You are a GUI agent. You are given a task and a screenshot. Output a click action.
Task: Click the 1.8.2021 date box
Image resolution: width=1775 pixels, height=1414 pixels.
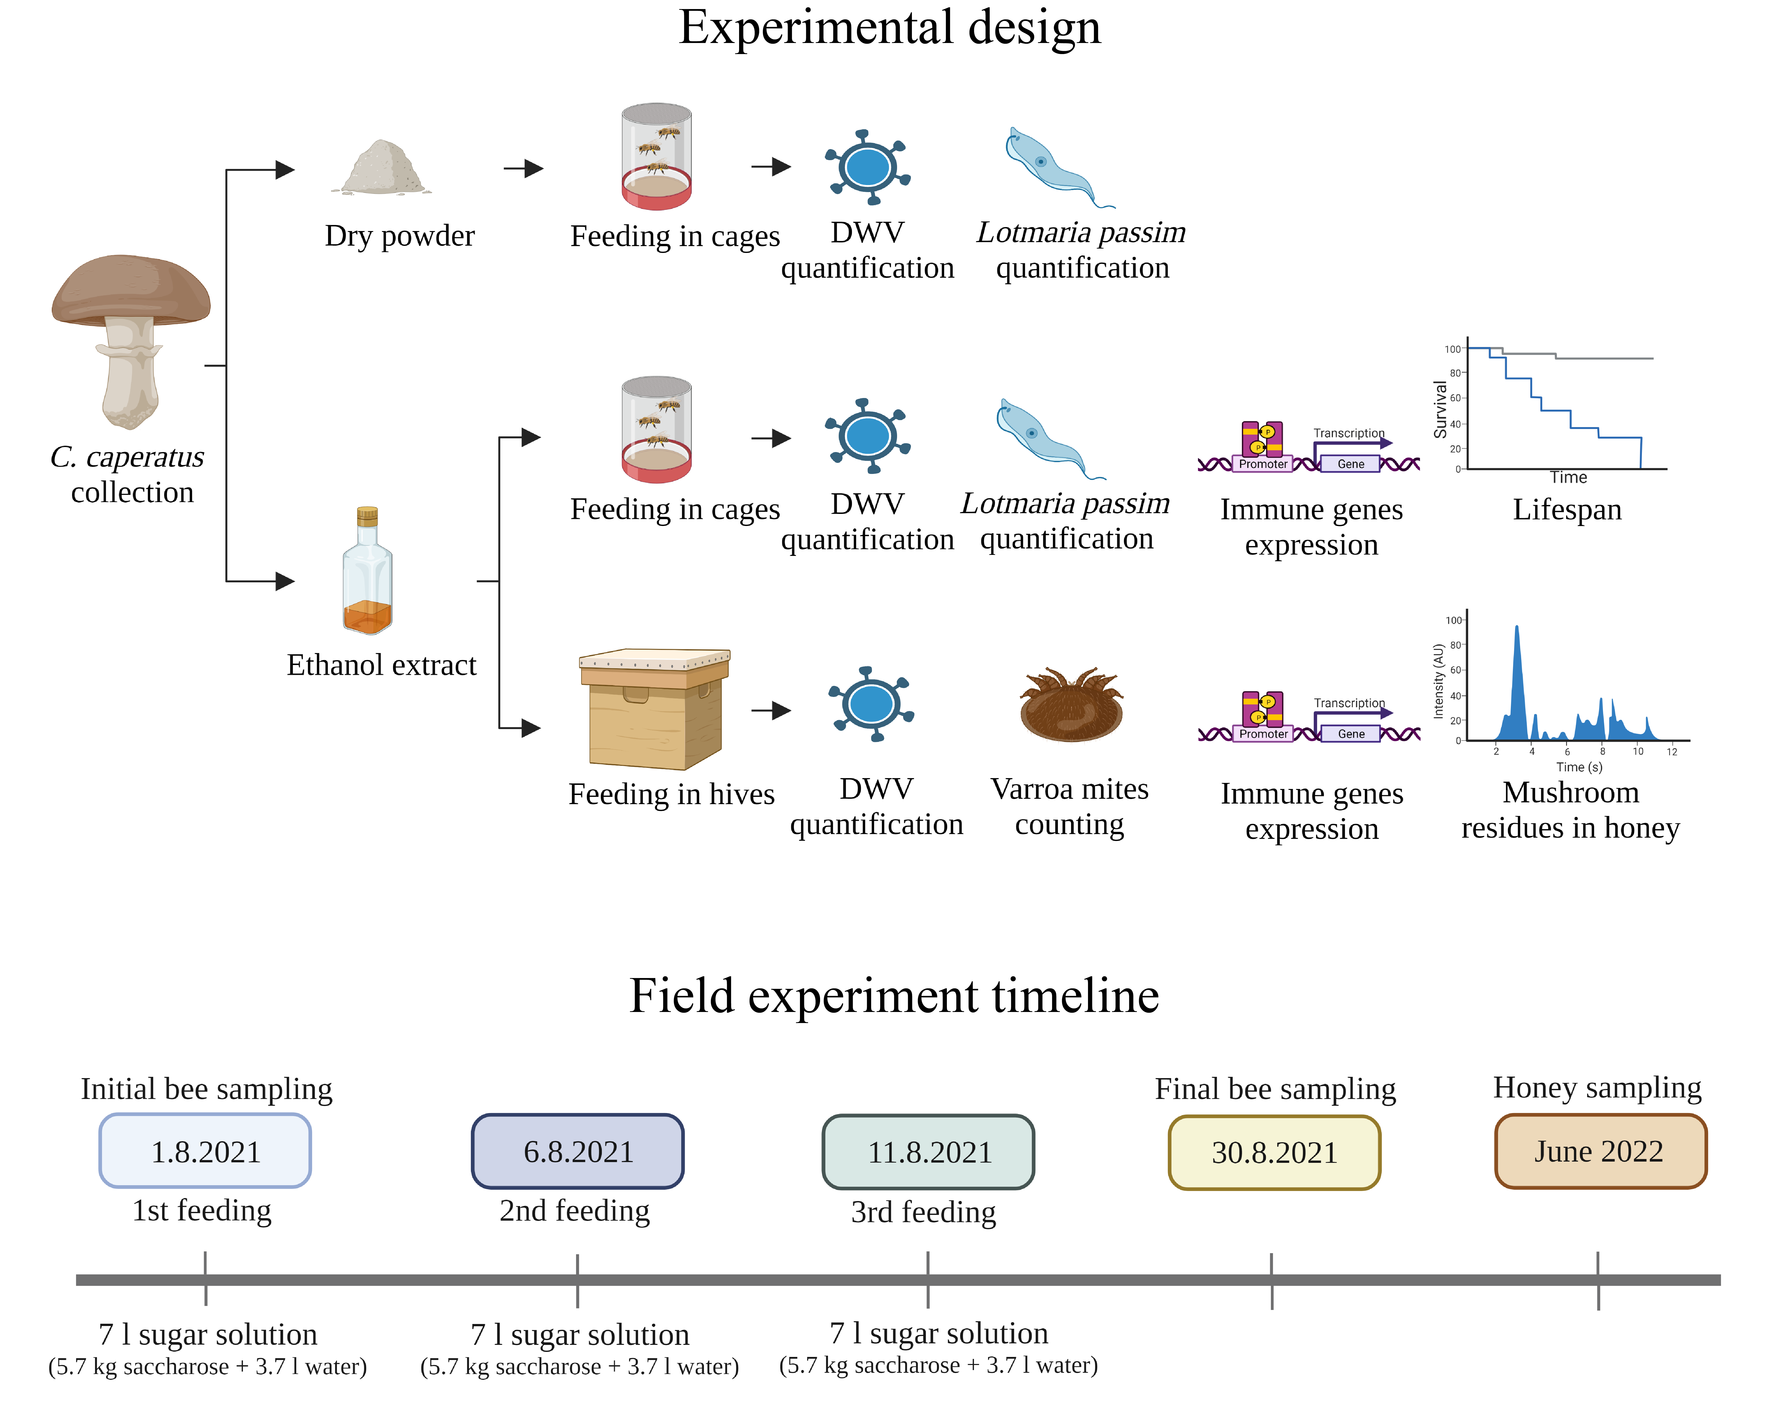[205, 1151]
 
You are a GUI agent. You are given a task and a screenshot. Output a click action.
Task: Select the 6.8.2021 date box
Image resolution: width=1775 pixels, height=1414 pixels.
[578, 1151]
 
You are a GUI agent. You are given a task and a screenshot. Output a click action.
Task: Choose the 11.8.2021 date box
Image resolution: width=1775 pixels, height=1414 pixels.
[929, 1152]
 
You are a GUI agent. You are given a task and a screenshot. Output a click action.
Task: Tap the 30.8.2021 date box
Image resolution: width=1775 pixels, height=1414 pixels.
[1274, 1152]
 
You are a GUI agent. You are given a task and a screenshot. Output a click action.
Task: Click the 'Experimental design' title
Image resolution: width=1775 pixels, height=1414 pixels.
[889, 27]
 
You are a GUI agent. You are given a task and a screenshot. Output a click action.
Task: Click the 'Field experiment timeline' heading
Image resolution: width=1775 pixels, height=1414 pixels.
[894, 996]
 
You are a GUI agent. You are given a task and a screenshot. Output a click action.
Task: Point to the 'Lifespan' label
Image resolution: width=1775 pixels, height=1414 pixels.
[1567, 509]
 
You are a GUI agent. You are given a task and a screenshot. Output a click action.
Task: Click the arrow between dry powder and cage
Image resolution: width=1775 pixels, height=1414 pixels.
[523, 169]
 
